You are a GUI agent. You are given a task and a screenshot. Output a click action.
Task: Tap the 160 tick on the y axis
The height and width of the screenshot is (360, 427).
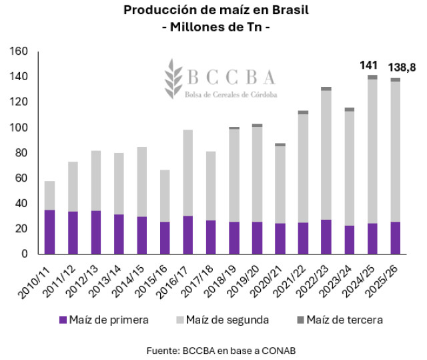point(19,51)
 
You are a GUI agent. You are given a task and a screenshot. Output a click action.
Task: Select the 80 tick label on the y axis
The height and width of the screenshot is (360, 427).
point(21,153)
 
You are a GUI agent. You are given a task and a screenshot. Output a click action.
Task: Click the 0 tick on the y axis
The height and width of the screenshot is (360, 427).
point(24,254)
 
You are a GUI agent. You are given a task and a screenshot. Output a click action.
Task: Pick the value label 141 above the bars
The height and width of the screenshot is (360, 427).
point(369,65)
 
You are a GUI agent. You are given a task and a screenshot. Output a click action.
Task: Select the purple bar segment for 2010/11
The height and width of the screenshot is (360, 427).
point(49,232)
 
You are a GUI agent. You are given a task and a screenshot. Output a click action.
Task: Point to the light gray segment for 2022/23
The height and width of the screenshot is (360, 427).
point(326,154)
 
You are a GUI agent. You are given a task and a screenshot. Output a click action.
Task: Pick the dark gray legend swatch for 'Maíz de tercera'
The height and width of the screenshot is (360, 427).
point(303,320)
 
